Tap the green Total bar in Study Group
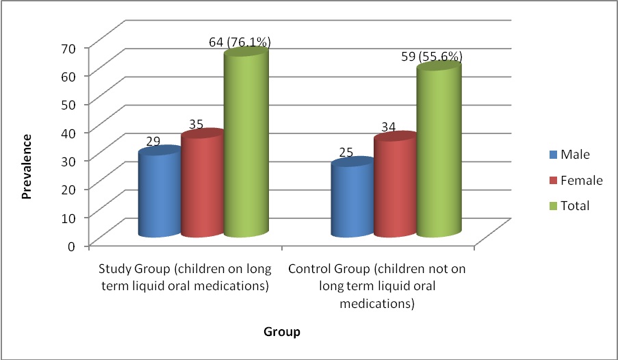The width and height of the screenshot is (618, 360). click(245, 147)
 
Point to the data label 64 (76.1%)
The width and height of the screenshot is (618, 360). click(240, 42)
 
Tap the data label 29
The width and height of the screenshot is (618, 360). click(153, 142)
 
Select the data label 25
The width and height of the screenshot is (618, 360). click(346, 152)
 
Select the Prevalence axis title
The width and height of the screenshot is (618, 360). click(27, 166)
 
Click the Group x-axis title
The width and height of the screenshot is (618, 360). click(282, 333)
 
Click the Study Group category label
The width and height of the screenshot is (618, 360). click(186, 277)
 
